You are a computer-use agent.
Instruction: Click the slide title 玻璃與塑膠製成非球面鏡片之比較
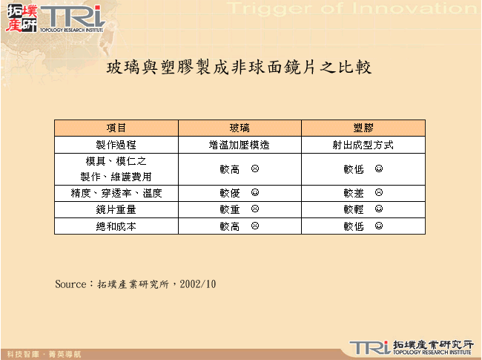(239, 68)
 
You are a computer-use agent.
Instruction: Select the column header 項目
(116, 128)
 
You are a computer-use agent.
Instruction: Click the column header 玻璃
(240, 128)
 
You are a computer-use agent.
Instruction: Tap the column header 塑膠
(363, 128)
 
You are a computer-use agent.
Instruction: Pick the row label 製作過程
(116, 145)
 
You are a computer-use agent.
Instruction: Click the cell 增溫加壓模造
(240, 145)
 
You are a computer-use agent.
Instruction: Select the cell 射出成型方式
(363, 145)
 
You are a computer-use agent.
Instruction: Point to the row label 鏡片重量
(116, 209)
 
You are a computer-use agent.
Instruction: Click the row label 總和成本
(116, 226)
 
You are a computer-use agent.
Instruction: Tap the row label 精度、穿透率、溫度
(116, 193)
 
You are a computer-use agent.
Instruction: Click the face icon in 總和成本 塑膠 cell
(379, 226)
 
